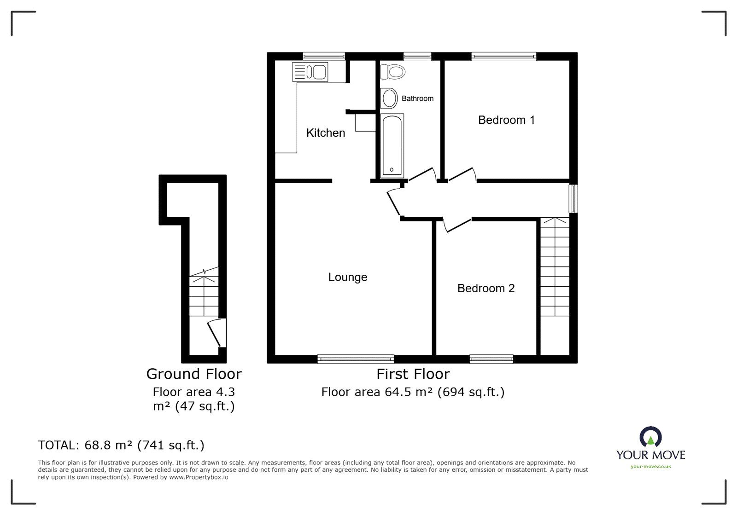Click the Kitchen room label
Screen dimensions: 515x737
[325, 133]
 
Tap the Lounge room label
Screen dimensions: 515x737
[347, 277]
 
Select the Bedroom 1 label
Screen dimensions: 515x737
[506, 120]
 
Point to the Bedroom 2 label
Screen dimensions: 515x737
[485, 289]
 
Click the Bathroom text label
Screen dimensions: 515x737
[417, 98]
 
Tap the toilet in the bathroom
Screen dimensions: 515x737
[393, 72]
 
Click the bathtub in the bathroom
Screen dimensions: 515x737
[392, 145]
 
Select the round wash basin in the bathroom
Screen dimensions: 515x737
[390, 98]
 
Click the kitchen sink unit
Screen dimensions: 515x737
[310, 72]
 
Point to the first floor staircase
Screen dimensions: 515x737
[555, 267]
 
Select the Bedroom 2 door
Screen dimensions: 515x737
[456, 225]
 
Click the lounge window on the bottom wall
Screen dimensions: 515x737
[356, 359]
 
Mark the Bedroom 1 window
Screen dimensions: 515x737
[503, 57]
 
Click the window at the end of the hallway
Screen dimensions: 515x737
[573, 199]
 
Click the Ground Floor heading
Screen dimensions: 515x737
[193, 374]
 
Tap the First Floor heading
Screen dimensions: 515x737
[413, 374]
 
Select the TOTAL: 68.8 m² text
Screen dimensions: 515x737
[121, 445]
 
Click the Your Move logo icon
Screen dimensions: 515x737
[650, 438]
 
